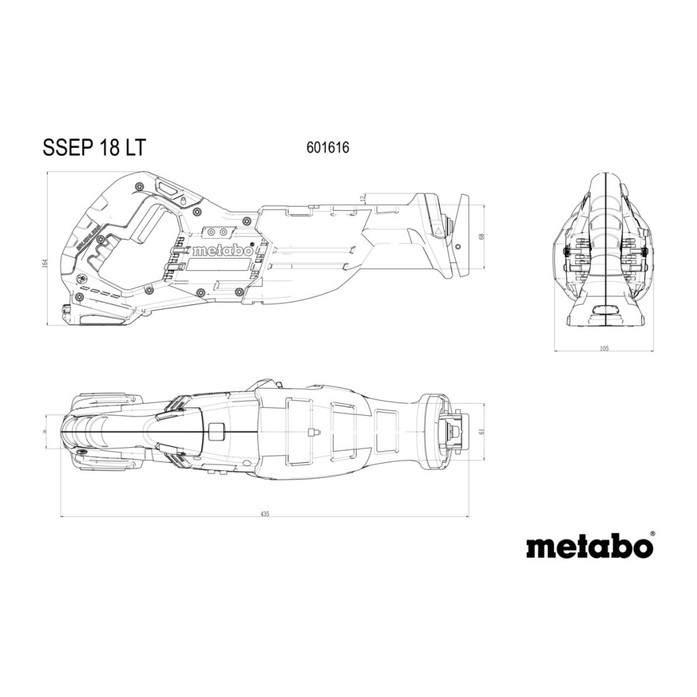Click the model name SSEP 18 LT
click(94, 147)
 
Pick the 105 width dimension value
click(604, 349)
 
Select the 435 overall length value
click(265, 514)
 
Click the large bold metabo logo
click(589, 547)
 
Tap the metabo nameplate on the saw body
click(222, 250)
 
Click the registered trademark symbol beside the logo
click(652, 534)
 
